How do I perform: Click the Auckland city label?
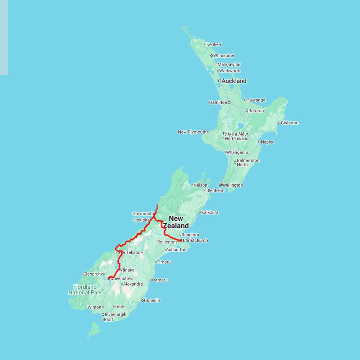tap(234, 81)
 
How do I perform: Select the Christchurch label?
tap(195, 240)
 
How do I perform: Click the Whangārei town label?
tap(224, 56)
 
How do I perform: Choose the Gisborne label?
tap(290, 123)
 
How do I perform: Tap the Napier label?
tap(267, 142)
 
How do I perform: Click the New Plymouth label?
tap(192, 132)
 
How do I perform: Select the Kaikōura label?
tap(210, 212)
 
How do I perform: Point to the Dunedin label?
tap(152, 300)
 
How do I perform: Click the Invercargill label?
tap(115, 314)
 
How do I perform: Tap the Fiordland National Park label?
tap(85, 290)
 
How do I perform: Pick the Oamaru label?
tap(160, 280)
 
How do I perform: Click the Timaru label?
tap(164, 262)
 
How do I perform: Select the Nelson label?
tap(201, 185)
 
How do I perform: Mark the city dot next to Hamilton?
tap(229, 102)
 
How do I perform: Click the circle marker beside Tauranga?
tap(245, 100)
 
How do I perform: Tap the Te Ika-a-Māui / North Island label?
tap(235, 136)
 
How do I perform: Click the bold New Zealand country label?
tap(176, 222)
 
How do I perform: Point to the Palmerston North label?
tap(248, 162)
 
